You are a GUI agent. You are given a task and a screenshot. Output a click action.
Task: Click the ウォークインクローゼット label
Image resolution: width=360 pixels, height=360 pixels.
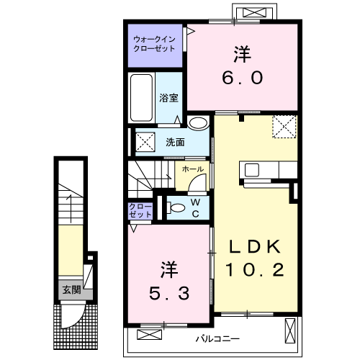(154, 43)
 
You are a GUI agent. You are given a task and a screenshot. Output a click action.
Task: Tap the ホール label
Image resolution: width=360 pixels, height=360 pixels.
(192, 169)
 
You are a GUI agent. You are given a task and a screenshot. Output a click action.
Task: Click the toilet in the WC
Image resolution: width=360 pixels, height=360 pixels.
(176, 208)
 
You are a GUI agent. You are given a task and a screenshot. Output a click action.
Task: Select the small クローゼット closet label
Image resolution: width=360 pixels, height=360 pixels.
(140, 210)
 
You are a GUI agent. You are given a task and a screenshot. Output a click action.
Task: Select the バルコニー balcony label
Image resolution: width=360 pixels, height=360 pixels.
(215, 337)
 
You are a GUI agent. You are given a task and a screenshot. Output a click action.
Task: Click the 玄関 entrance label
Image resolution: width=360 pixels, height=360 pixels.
(71, 290)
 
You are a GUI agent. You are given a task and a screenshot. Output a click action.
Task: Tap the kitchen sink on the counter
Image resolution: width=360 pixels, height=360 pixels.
(251, 171)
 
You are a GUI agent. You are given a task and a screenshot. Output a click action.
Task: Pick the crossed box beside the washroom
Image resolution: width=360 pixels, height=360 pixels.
(143, 142)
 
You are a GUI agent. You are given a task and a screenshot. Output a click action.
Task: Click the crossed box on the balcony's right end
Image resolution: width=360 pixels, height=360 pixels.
(289, 332)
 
